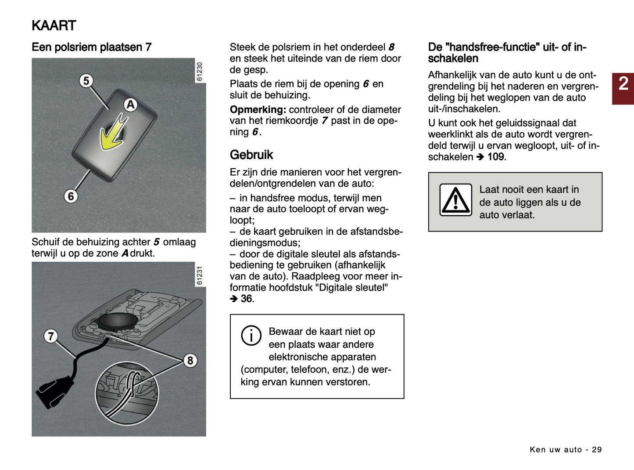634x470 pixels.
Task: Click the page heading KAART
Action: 54,25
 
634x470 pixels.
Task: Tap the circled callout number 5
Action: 86,81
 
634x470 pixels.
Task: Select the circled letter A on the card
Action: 130,105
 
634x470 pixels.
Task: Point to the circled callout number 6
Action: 71,196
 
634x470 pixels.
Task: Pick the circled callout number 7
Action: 51,336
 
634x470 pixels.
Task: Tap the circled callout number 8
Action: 190,361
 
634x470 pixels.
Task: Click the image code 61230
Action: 200,72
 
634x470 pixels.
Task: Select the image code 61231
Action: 200,275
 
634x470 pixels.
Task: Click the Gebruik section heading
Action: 251,155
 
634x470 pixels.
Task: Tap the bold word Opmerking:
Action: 258,110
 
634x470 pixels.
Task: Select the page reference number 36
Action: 247,299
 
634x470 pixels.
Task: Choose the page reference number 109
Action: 496,157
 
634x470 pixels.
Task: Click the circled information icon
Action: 251,336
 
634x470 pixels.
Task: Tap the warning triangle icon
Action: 456,200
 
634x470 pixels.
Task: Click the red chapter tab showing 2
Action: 623,88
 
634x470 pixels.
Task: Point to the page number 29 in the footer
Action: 597,450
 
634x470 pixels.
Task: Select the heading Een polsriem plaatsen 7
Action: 91,47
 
